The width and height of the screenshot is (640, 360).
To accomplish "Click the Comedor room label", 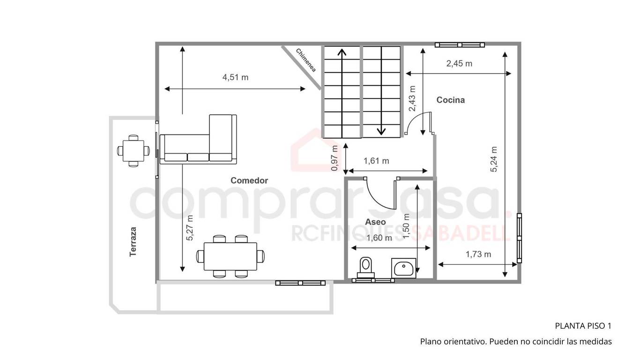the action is (x=249, y=180).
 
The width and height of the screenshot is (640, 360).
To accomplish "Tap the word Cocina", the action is (x=451, y=100).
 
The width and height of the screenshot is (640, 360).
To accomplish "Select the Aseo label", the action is (x=375, y=222).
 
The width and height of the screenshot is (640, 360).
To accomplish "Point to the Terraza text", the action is (x=133, y=242).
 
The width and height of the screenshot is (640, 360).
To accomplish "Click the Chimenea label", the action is (x=306, y=60).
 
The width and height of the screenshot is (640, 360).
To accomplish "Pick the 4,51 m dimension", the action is (x=235, y=77).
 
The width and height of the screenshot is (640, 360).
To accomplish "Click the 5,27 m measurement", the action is (x=190, y=228).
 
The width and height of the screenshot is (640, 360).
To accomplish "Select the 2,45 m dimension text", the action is (x=459, y=63).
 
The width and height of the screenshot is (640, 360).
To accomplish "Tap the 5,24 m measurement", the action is (x=494, y=159).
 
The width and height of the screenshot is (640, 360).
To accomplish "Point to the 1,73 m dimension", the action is (x=478, y=254).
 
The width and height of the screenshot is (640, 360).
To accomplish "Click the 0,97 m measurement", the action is (x=334, y=158).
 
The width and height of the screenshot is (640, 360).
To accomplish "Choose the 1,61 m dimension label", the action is (x=376, y=161).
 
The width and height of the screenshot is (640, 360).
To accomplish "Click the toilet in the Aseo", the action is (x=366, y=267).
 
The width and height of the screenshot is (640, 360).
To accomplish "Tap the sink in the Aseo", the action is (x=403, y=268).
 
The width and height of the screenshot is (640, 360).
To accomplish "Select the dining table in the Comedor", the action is (x=231, y=256).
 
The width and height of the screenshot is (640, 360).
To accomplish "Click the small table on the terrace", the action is (x=133, y=150).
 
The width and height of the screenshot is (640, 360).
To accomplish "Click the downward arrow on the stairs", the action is (x=381, y=91).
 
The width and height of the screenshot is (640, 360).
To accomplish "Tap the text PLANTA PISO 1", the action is (x=583, y=326).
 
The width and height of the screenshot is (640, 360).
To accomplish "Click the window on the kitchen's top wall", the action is (x=460, y=45).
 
